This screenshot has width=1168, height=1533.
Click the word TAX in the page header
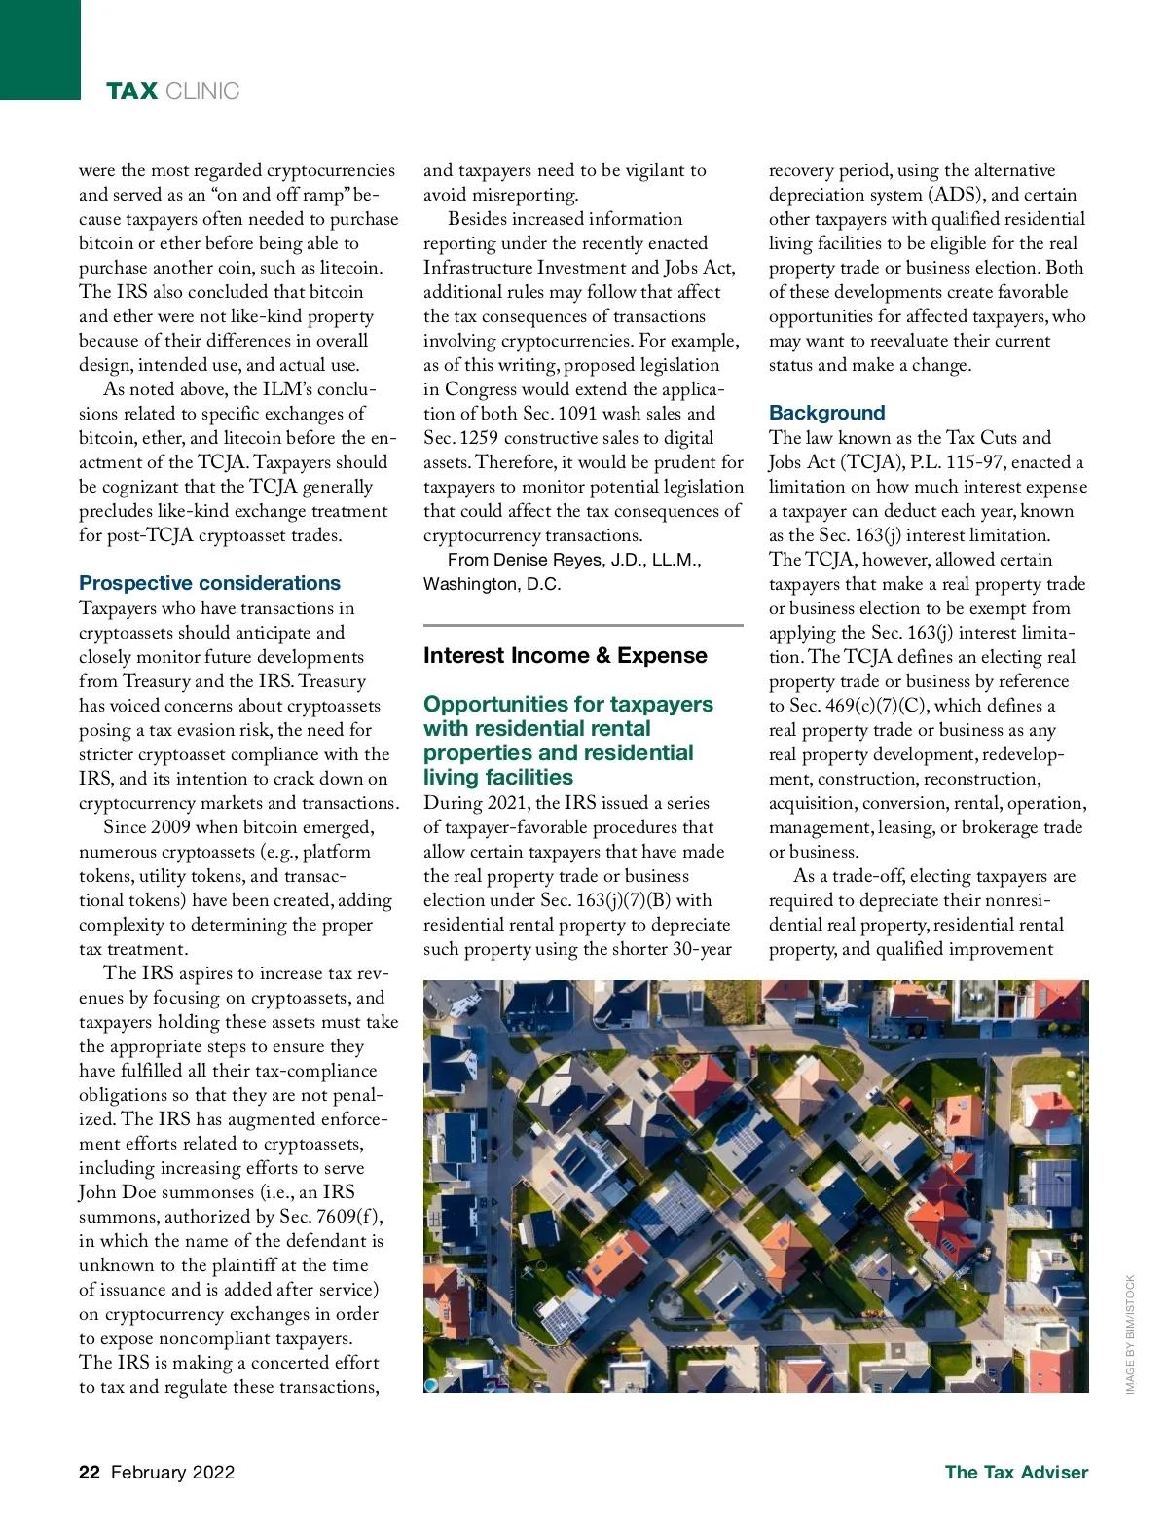(x=131, y=91)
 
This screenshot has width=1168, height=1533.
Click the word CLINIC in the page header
(x=202, y=91)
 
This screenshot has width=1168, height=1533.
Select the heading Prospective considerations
(x=209, y=583)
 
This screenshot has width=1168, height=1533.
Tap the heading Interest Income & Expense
(x=565, y=656)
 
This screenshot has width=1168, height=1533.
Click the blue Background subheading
(x=826, y=413)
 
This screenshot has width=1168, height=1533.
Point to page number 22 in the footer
(x=90, y=1472)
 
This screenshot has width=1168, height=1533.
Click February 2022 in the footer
(x=173, y=1472)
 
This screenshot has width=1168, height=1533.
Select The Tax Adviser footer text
(x=1016, y=1472)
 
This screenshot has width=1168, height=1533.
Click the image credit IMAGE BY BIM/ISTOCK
(x=1130, y=1333)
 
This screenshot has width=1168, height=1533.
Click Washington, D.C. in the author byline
(x=492, y=584)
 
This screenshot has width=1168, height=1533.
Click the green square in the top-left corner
(x=40, y=50)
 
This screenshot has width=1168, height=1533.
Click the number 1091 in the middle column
(x=577, y=414)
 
